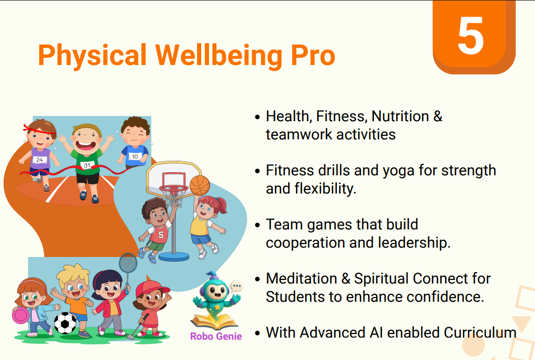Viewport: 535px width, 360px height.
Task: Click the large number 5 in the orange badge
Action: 471,35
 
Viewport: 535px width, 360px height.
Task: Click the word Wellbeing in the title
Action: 219,55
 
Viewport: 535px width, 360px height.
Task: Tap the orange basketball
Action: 200,186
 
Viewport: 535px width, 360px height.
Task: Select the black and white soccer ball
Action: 65,323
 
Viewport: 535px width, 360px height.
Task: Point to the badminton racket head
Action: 128,264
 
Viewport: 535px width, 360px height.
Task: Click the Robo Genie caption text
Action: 216,337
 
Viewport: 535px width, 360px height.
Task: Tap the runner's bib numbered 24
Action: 40,160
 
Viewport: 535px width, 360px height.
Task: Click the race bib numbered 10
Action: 135,157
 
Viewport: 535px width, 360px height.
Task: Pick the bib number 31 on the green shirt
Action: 87,165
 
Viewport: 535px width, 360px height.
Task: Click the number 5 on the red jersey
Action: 161,235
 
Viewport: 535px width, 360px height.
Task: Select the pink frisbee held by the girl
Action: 20,316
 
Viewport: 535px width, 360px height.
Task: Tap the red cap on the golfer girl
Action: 151,288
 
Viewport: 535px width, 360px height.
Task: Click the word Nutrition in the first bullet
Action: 400,116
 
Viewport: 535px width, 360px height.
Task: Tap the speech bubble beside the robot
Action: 236,286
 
